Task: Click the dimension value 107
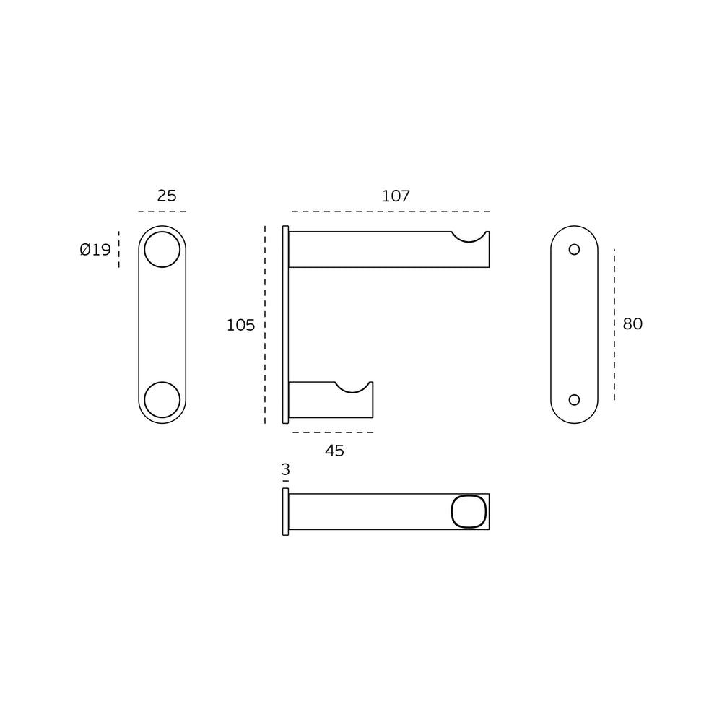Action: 396,196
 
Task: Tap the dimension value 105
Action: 240,325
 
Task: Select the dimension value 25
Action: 167,196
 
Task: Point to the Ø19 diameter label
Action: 95,250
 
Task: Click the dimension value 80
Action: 632,323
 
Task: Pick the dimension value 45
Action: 334,451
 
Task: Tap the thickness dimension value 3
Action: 285,470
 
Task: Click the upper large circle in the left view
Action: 162,232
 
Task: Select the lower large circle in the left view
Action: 162,382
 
